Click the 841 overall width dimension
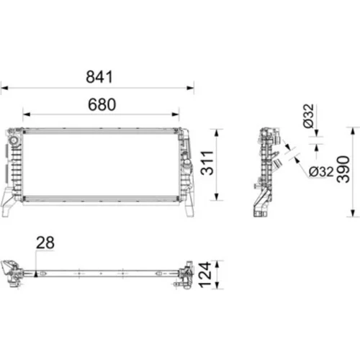[x=99, y=77]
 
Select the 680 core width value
[x=102, y=104]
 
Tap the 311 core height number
[x=207, y=163]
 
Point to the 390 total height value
[x=343, y=169]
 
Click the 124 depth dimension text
[x=205, y=275]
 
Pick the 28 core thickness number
[x=45, y=243]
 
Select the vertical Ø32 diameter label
[x=308, y=116]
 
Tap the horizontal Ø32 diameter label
[x=321, y=171]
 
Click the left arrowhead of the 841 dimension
[x=4, y=88]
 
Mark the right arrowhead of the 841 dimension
[x=191, y=88]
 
